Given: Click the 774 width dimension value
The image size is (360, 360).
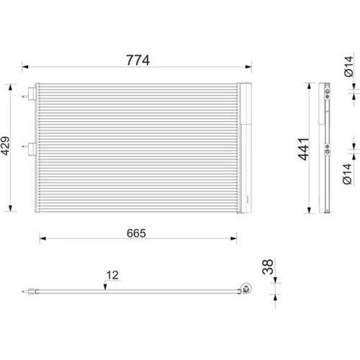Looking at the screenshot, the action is tap(138, 60).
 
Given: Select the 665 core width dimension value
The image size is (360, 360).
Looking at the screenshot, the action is tap(136, 233).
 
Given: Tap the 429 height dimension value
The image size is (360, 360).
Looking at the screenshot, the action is tap(5, 146).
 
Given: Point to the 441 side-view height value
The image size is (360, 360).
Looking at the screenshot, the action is tap(303, 149).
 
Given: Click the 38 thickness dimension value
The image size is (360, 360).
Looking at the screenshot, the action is tap(268, 266).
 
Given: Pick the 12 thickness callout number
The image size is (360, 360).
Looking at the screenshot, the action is tap(112, 275).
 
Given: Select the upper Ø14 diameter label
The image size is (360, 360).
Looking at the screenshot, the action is tap(348, 66).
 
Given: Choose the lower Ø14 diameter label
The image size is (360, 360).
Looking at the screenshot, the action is tap(347, 174).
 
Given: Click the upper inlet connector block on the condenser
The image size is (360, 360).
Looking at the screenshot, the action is tap(32, 94).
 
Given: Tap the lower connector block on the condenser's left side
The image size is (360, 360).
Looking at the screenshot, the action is tap(32, 149).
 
